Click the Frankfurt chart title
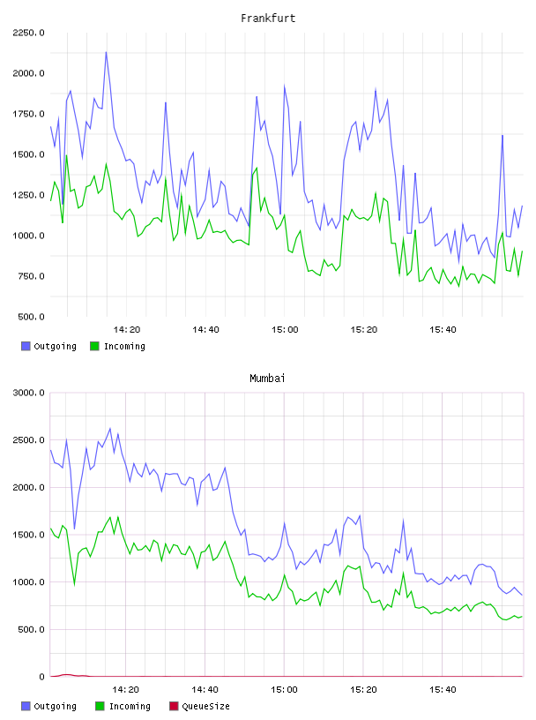pos(268,19)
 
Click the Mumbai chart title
pos(267,379)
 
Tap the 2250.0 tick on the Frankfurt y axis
pos(28,33)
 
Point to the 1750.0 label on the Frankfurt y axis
pos(28,114)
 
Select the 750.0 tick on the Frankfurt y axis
pos(31,276)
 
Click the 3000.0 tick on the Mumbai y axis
pos(28,393)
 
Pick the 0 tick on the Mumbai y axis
pos(41,677)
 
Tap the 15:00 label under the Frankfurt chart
pos(285,330)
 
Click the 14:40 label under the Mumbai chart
pos(205,690)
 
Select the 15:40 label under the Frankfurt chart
pos(443,330)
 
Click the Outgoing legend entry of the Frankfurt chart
pos(48,346)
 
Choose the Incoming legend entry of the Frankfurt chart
pos(118,346)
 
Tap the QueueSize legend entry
pos(199,706)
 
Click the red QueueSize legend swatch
pos(174,706)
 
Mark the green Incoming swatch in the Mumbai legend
pos(100,706)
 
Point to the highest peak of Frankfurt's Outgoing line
pos(106,52)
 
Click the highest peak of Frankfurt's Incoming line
pos(66,155)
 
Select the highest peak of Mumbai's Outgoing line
pos(109,429)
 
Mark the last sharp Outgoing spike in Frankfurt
pos(502,136)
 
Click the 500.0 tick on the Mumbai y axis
pos(31,629)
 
